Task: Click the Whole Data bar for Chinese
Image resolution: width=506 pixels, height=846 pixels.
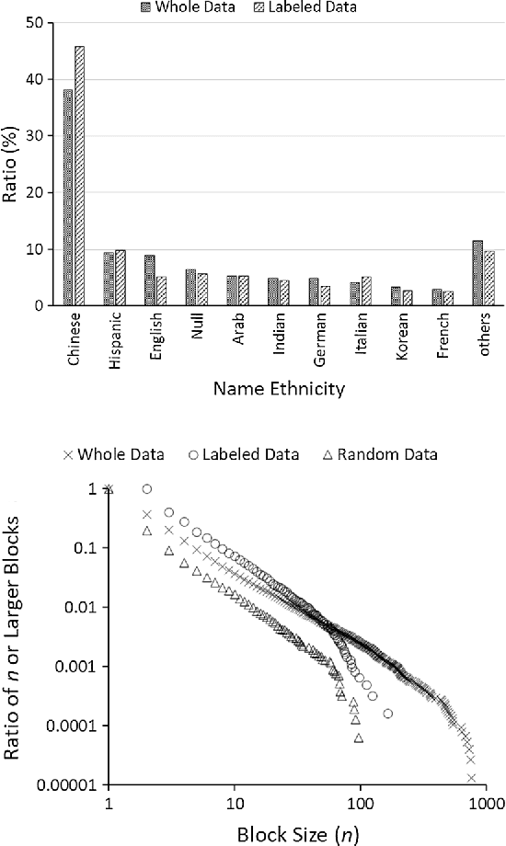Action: [67, 198]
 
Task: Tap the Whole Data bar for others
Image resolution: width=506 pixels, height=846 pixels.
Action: [477, 273]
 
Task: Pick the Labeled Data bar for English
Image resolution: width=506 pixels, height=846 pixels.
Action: [161, 292]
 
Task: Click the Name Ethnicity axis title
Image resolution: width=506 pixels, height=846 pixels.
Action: [279, 389]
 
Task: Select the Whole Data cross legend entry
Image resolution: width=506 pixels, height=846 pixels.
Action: [114, 454]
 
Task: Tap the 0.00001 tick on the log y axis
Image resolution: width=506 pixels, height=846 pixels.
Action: [67, 784]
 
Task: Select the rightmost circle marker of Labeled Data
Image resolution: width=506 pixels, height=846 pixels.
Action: [388, 714]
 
